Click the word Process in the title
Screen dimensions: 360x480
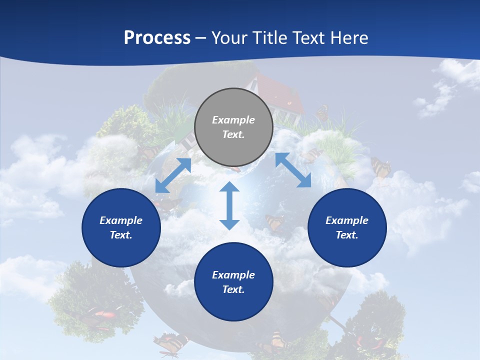pyautogui.click(x=157, y=37)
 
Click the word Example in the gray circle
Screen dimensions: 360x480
pyautogui.click(x=233, y=120)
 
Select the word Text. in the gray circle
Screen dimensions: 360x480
pyautogui.click(x=233, y=134)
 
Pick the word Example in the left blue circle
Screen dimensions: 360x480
pyautogui.click(x=121, y=220)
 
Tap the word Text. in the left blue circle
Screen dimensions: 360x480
pyautogui.click(x=121, y=235)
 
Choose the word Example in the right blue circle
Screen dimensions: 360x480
pyautogui.click(x=347, y=220)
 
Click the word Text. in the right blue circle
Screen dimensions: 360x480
pyautogui.click(x=347, y=235)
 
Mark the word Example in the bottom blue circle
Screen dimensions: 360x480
pyautogui.click(x=233, y=275)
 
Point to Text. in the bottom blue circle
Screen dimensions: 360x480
pyautogui.click(x=233, y=289)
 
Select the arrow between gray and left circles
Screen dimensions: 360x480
pyautogui.click(x=173, y=175)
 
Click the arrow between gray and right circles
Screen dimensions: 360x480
pyautogui.click(x=293, y=170)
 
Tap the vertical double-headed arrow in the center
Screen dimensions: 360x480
pyautogui.click(x=229, y=206)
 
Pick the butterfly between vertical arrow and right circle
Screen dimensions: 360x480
pyautogui.click(x=274, y=221)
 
